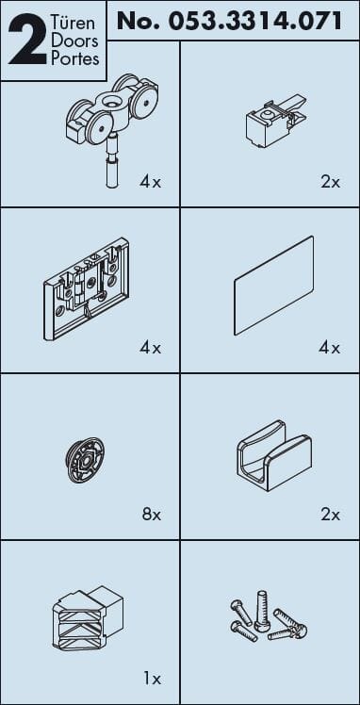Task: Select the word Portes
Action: (x=74, y=59)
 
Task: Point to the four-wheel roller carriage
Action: (x=112, y=109)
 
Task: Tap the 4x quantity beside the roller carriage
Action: (x=150, y=182)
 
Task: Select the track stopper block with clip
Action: (x=276, y=120)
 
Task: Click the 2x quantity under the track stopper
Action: (x=331, y=182)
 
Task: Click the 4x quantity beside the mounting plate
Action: (x=150, y=348)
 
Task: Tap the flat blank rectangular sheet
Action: (x=273, y=285)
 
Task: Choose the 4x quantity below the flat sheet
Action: (x=330, y=348)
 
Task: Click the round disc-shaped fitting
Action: (x=85, y=460)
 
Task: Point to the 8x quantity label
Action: (x=152, y=515)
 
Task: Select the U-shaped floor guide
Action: (x=273, y=455)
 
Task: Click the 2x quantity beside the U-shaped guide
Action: (x=331, y=515)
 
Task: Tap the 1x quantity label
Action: (x=153, y=680)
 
